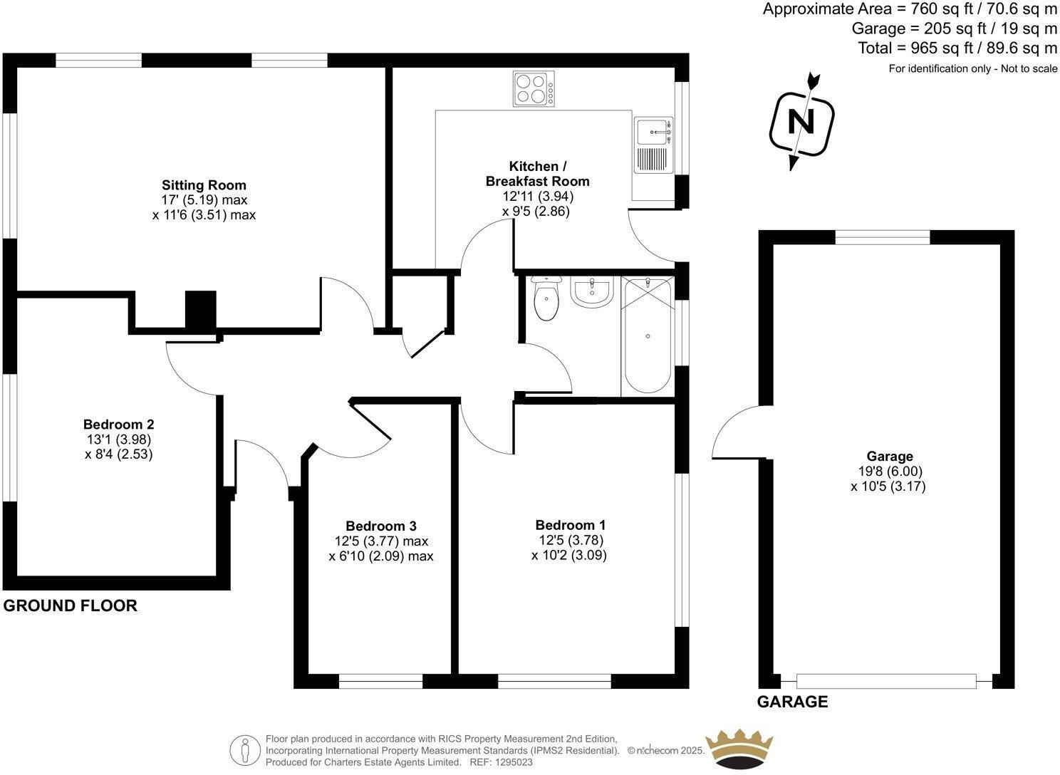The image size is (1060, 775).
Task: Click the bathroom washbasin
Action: (591, 292)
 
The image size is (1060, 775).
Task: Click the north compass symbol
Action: (801, 123)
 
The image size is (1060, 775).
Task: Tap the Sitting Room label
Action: (204, 185)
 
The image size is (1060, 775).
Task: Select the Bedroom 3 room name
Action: (380, 526)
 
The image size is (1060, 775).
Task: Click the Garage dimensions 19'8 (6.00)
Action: (890, 472)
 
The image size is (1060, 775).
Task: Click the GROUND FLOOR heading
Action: (70, 606)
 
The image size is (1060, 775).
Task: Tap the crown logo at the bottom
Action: (739, 749)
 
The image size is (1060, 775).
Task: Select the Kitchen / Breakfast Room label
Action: (538, 174)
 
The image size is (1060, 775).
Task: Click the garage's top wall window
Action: (882, 238)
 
